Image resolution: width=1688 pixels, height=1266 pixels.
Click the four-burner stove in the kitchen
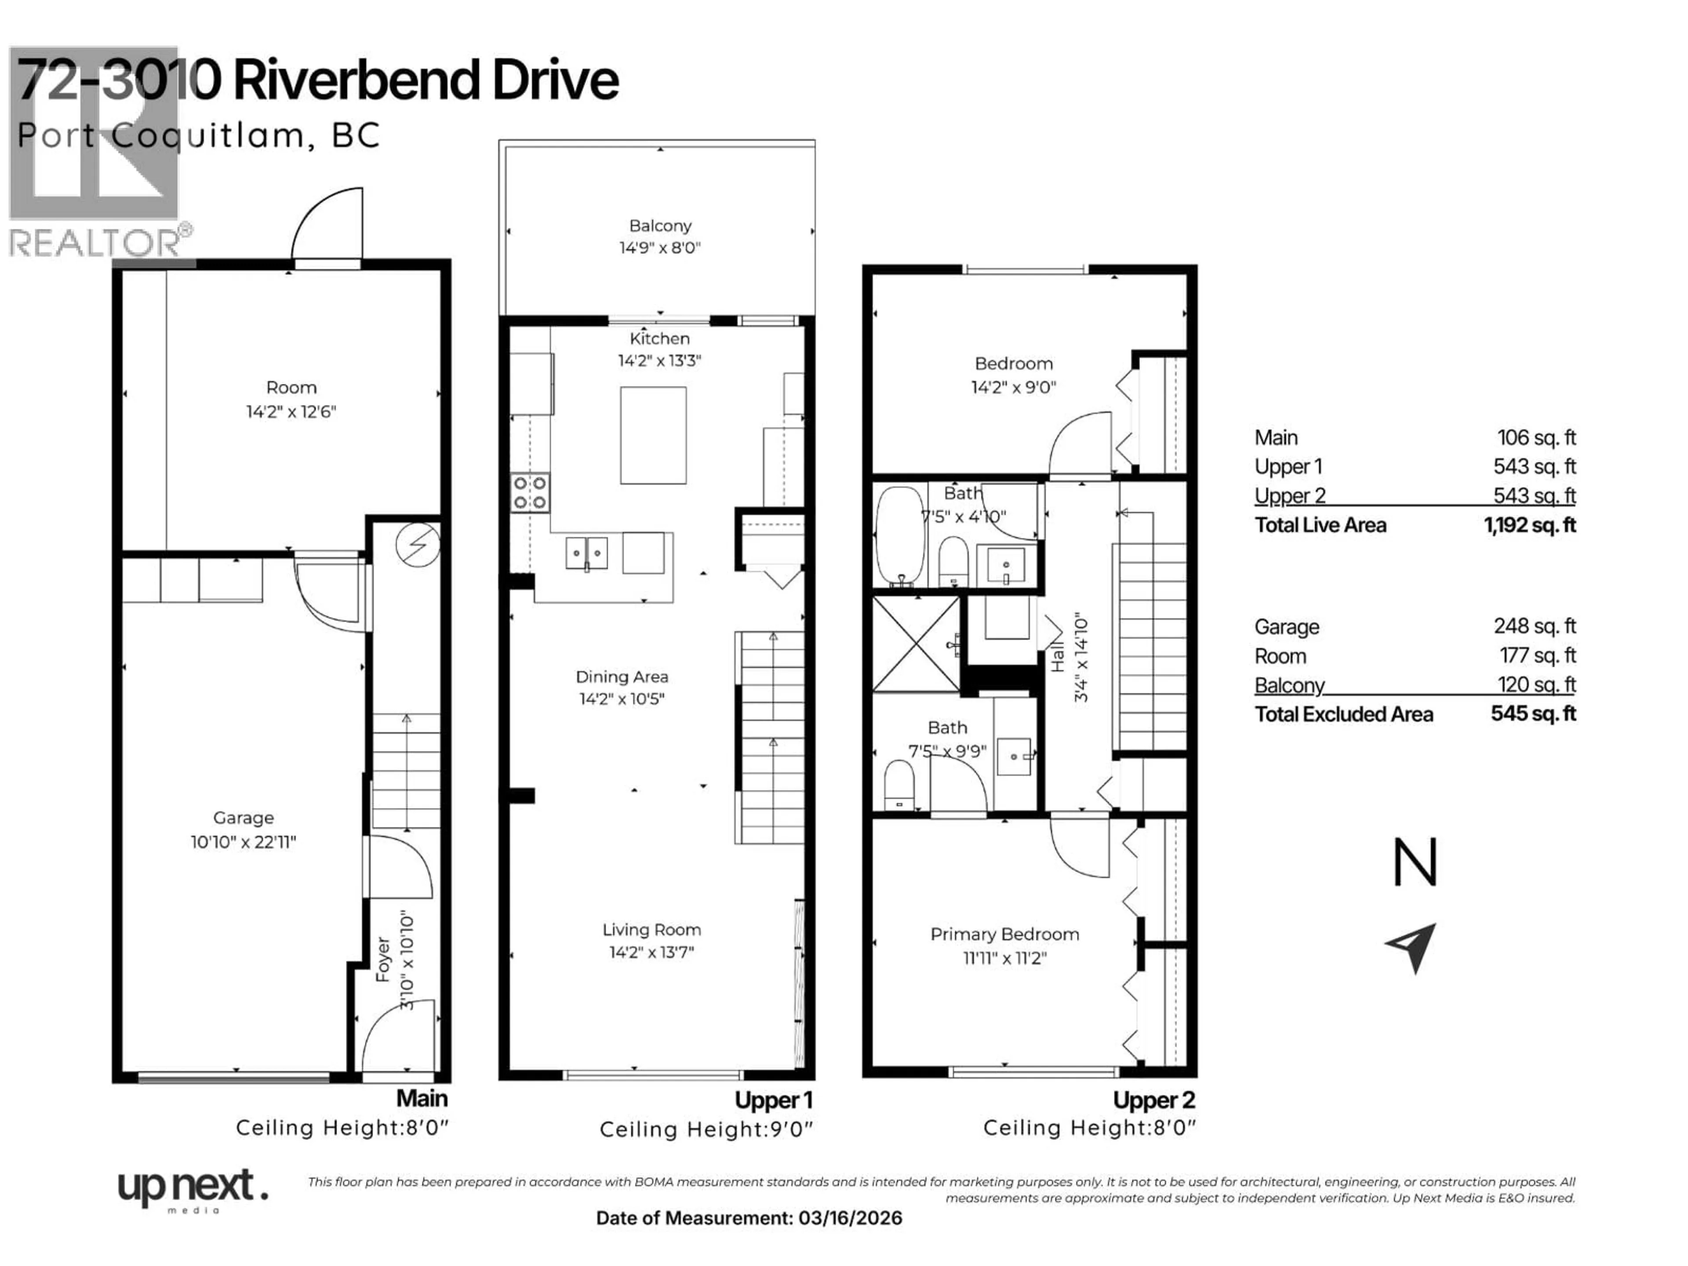[x=530, y=492]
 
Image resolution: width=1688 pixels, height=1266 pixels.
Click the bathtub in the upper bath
[x=900, y=536]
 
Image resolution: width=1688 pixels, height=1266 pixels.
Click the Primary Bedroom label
[x=1004, y=934]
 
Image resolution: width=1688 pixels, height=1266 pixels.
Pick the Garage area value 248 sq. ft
[x=1534, y=626]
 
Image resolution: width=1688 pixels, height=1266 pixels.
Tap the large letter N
[x=1415, y=862]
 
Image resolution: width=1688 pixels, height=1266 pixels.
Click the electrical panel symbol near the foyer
[x=418, y=545]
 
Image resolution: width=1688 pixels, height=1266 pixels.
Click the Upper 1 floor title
[x=773, y=1100]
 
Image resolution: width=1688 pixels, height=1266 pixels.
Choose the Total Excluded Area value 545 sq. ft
[x=1533, y=713]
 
